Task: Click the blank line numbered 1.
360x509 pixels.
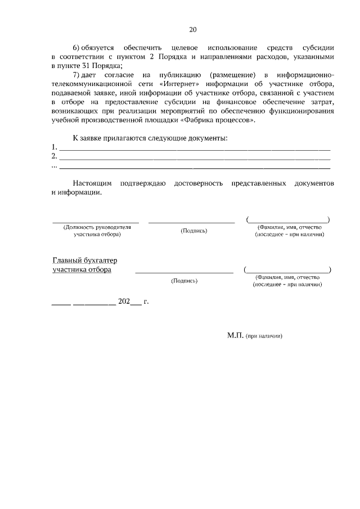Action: pos(195,149)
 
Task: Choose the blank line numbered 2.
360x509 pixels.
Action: pos(195,158)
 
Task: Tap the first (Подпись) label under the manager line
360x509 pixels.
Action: pos(193,231)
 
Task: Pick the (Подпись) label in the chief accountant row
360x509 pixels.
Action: pos(183,280)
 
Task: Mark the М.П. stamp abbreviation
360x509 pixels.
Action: pos(235,335)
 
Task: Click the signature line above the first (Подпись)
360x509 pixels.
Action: pos(191,223)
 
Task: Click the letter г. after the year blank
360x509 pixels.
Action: pos(146,302)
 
